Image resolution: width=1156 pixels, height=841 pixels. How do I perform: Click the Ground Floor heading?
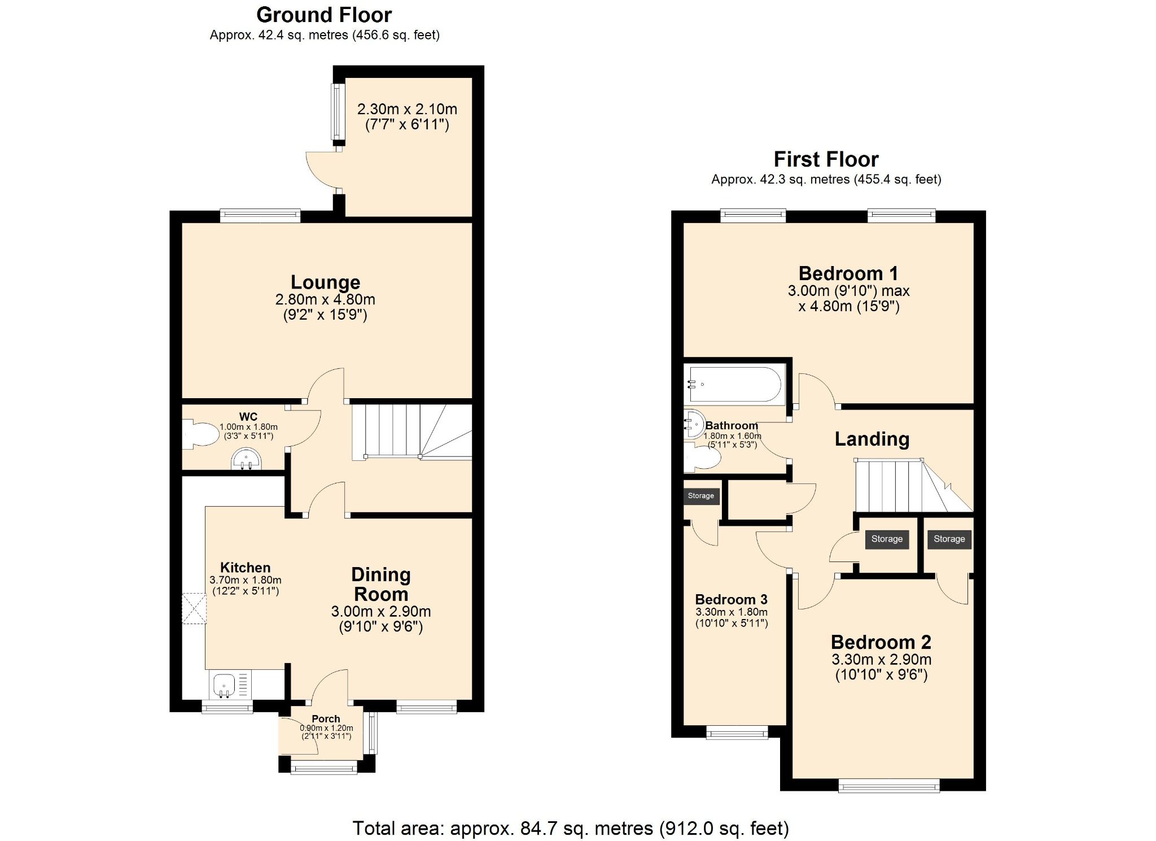324,15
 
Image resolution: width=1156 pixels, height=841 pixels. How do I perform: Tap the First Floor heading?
826,159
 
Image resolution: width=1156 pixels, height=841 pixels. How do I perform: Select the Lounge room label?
325,282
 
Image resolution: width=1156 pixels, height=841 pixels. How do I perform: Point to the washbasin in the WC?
247,459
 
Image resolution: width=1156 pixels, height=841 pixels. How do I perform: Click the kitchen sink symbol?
224,685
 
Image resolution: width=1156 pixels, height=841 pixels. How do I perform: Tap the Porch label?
326,719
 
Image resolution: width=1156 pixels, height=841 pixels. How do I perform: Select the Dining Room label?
381,584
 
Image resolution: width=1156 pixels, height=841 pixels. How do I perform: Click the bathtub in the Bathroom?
734,384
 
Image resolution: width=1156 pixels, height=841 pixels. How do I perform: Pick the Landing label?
872,439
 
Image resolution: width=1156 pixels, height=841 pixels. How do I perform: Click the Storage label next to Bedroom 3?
700,496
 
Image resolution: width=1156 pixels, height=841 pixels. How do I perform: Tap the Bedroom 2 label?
881,642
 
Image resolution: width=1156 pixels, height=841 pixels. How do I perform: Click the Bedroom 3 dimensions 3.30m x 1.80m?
732,612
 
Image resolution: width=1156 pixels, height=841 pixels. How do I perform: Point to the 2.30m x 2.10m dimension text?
407,109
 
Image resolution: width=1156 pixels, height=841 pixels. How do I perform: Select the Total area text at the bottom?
571,828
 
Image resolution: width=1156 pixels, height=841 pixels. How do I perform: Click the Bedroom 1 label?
848,273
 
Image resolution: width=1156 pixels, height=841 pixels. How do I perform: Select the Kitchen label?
245,568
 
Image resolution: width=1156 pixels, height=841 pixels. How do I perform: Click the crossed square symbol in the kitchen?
194,608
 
